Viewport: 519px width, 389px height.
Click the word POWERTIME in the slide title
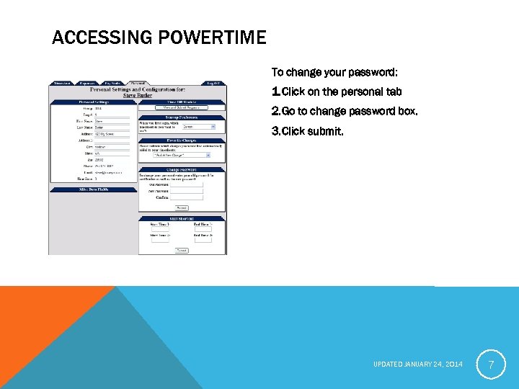[216, 37]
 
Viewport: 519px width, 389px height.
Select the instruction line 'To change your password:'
[334, 73]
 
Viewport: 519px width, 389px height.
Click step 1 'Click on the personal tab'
[337, 92]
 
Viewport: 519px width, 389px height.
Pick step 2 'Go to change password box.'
[344, 112]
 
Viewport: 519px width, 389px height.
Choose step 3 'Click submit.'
[308, 132]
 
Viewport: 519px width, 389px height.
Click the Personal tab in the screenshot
[138, 84]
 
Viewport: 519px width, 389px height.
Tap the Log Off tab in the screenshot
[214, 84]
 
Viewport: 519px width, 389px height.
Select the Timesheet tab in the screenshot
[61, 84]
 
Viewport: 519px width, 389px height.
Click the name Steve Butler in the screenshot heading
[138, 95]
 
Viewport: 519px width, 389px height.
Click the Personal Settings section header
[93, 102]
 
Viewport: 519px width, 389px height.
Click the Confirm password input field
[187, 197]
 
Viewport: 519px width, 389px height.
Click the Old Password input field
[187, 184]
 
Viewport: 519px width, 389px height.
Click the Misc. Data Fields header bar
[93, 189]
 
